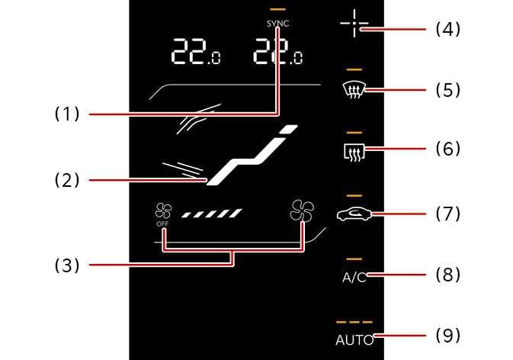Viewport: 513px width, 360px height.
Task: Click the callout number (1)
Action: tap(66, 114)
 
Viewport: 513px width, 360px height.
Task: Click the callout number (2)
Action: tap(66, 181)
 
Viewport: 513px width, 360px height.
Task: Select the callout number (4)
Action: tap(447, 30)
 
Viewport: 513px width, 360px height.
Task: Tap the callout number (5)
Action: tap(447, 90)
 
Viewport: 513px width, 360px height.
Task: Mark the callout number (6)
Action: tap(447, 148)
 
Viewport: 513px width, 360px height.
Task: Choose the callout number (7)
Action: tap(447, 213)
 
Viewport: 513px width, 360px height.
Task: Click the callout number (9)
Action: tap(447, 335)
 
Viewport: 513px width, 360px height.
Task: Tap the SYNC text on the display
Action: tap(278, 24)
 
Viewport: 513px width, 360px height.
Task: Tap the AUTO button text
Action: tap(354, 340)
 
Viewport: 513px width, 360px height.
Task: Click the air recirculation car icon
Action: tap(354, 215)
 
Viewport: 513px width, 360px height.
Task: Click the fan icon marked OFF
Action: tap(162, 213)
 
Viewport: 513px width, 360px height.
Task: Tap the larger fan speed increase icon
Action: tap(301, 211)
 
